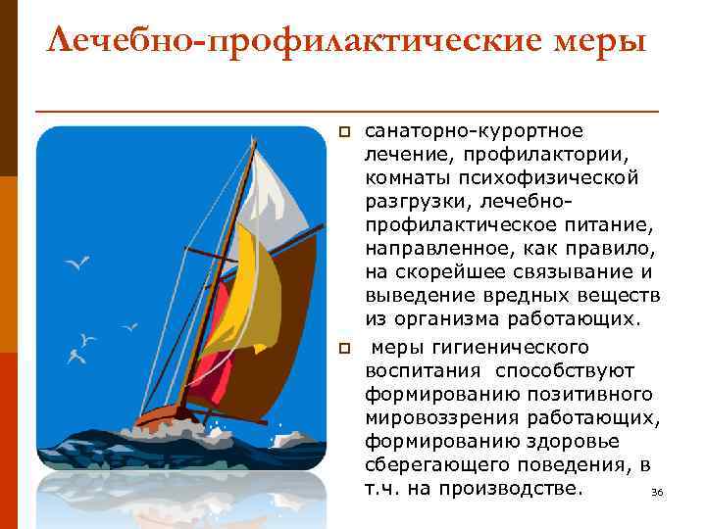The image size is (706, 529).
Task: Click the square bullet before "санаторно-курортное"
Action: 343,132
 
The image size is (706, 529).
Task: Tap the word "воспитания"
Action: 423,371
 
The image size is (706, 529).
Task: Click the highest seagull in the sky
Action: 77,263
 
